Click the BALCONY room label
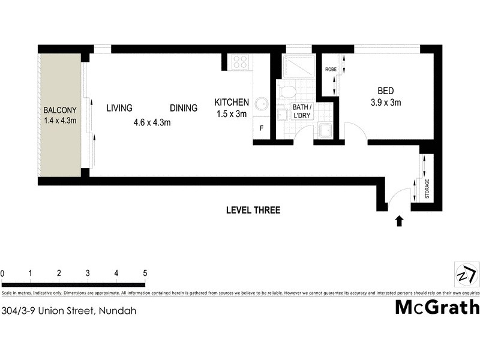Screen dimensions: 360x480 coord(60,110)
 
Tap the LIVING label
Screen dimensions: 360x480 coord(119,108)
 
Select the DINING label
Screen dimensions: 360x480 coord(184,108)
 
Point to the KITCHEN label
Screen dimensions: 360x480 coord(232,103)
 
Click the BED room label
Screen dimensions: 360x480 coord(385,91)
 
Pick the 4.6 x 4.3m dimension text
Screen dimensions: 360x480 coord(152,123)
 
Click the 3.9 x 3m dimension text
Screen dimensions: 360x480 coord(385,103)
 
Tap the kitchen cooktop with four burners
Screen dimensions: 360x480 coord(241,62)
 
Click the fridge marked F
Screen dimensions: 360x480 coord(262,128)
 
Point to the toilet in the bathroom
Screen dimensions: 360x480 coord(287,92)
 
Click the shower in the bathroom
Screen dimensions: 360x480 coord(298,65)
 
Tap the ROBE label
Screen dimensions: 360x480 coord(331,70)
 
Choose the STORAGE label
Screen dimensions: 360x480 coord(428,188)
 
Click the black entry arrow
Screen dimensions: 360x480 coord(400,221)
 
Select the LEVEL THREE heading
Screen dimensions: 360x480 coord(253,210)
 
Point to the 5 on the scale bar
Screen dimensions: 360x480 coord(145,273)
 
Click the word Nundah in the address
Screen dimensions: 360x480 coord(117,311)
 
